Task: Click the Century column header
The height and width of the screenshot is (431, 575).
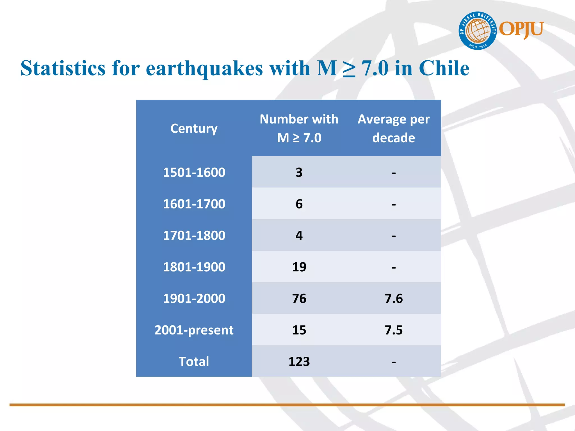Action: pos(194,129)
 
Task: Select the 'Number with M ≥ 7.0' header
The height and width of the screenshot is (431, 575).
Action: pos(299,128)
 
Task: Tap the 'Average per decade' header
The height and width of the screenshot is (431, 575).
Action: pos(393,128)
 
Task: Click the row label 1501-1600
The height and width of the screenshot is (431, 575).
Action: pos(194,172)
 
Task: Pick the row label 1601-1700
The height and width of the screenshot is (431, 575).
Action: pos(194,204)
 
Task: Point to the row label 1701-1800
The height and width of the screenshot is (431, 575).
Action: pos(194,235)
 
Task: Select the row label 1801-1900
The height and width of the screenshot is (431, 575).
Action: pos(194,267)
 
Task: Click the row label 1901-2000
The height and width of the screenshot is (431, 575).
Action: pos(194,299)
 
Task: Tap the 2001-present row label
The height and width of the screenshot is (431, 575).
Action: pos(194,330)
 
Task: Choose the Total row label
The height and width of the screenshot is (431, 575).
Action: pos(194,361)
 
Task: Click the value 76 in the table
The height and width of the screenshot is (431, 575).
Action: pos(299,299)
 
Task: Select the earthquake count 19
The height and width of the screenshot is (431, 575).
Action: pos(299,267)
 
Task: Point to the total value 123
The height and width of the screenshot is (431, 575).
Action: pos(299,361)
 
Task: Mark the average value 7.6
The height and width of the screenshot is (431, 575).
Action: pos(393,299)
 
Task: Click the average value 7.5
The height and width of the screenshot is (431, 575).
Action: pos(393,330)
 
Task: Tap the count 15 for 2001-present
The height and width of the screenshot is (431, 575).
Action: pos(299,330)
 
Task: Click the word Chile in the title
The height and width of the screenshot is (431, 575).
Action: pos(444,68)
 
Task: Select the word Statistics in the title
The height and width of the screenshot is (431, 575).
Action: pos(63,68)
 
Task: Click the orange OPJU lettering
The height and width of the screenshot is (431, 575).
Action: pos(521,29)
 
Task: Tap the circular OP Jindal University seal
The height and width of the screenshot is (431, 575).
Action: pos(478,31)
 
